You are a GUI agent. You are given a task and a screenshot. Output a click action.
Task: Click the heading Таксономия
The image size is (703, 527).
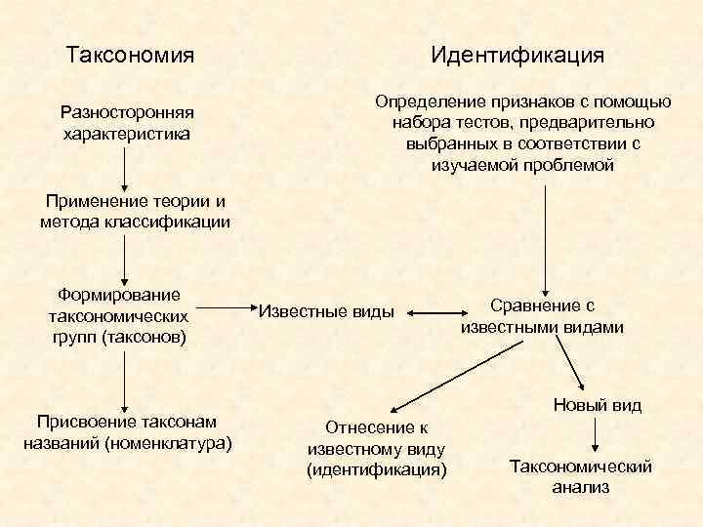point(129,55)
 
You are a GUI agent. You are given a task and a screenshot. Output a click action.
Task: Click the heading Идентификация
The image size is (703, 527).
point(517,55)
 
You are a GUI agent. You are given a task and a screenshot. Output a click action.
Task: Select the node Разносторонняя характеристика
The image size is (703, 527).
point(125,122)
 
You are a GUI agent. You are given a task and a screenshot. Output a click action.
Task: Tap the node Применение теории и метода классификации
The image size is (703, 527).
point(135,212)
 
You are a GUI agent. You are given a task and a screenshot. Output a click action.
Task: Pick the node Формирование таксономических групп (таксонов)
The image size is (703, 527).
point(119,315)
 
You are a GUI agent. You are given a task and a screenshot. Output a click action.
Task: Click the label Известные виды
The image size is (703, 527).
point(326,312)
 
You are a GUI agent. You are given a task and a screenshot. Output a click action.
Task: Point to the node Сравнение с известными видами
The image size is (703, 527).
point(542,316)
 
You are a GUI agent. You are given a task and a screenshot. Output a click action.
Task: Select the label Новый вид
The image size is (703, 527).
point(597,404)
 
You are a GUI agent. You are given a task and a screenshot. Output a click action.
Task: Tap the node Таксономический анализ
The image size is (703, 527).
point(581,476)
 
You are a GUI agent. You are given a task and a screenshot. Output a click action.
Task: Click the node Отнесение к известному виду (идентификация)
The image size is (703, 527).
point(376,449)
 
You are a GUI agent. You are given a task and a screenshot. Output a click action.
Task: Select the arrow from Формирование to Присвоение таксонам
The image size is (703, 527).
point(125,381)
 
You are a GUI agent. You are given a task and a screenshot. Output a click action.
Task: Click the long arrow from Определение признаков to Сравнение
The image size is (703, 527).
point(545,234)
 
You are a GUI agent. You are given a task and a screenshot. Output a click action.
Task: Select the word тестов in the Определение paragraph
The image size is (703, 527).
point(482,122)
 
